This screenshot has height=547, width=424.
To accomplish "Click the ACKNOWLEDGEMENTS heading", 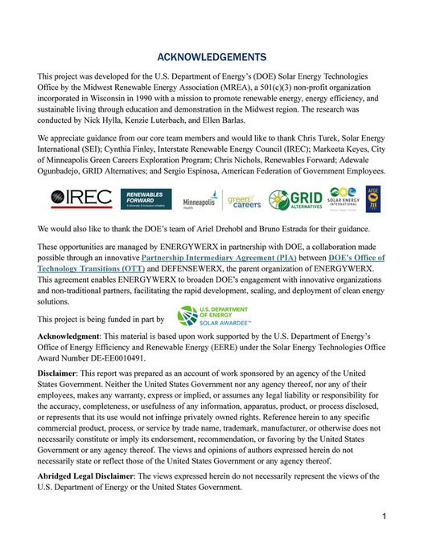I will (x=212, y=57).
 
